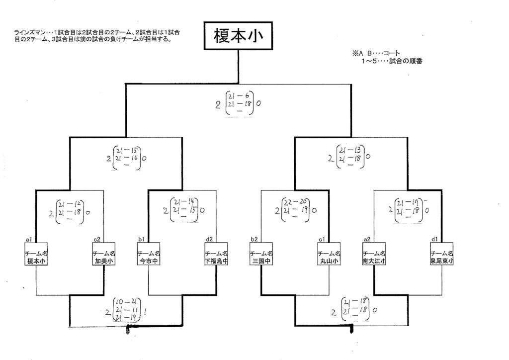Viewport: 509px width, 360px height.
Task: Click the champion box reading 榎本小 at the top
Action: [238, 36]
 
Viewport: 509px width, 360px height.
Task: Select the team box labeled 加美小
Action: [104, 257]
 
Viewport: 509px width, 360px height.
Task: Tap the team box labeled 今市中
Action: [148, 257]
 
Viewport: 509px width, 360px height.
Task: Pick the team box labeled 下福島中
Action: [216, 257]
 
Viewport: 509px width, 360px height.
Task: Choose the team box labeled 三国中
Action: [261, 257]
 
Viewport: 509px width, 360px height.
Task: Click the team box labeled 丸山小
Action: [329, 257]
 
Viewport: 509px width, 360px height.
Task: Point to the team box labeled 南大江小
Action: [374, 257]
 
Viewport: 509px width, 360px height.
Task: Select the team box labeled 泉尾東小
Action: [442, 257]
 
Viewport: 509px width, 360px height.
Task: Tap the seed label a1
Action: [29, 240]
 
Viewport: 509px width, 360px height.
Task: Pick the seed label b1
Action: [141, 240]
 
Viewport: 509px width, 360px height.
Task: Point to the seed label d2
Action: [209, 240]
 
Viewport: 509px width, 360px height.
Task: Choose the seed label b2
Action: [254, 240]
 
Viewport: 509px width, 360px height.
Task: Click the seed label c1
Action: [322, 240]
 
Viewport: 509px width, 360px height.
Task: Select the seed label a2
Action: [367, 240]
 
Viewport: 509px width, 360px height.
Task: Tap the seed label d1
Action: [434, 240]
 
